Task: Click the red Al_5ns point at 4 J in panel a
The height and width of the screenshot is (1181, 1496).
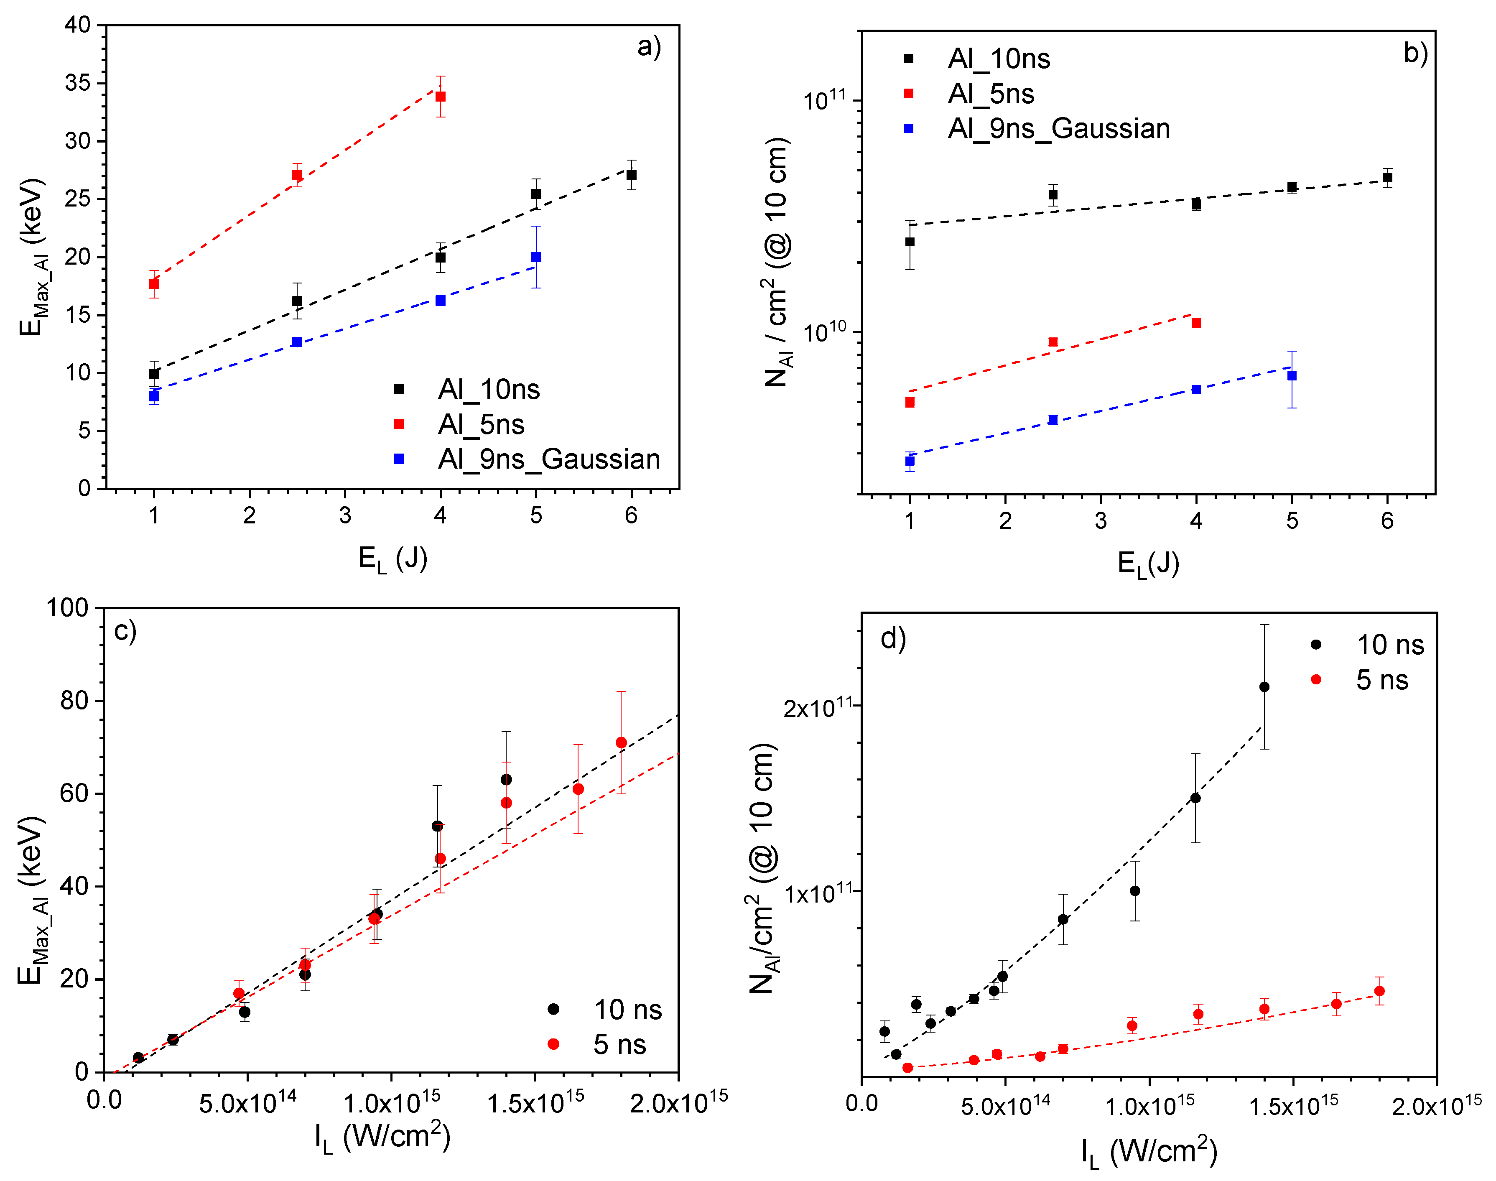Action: pyautogui.click(x=441, y=97)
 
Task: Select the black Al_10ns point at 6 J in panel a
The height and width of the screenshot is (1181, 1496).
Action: pyautogui.click(x=631, y=175)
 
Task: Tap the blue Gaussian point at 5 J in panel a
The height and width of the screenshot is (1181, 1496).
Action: pyautogui.click(x=536, y=257)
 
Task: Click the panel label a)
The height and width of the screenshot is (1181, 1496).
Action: pyautogui.click(x=648, y=47)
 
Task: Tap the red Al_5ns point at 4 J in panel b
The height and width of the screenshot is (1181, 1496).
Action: pyautogui.click(x=1196, y=323)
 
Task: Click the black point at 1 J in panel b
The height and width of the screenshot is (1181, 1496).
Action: pyautogui.click(x=910, y=242)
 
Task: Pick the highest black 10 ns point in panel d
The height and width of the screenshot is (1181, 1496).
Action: pyautogui.click(x=1264, y=686)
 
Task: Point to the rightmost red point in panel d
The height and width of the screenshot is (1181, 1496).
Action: pyautogui.click(x=1379, y=991)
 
